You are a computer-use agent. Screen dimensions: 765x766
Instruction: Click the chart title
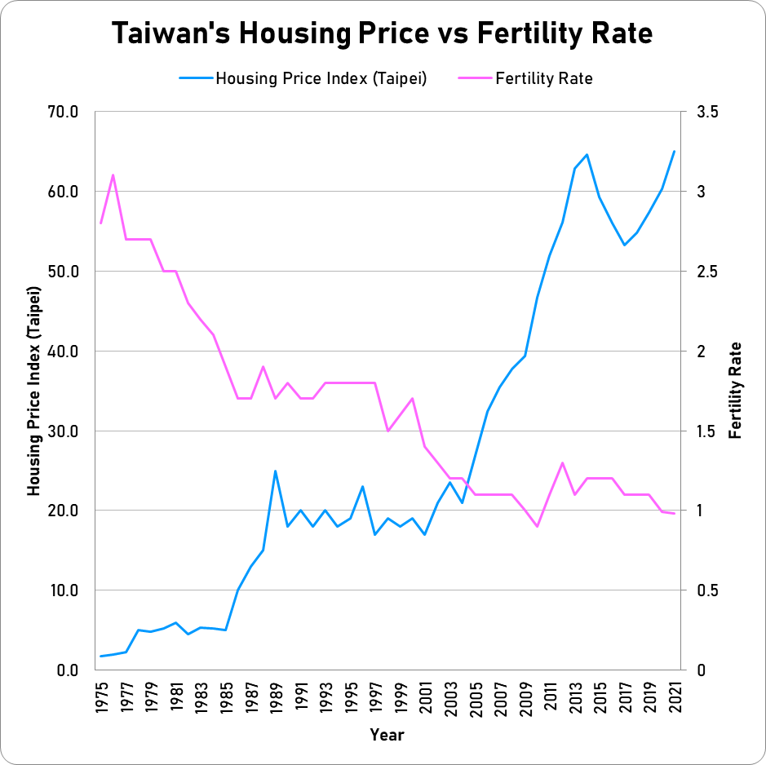click(x=383, y=33)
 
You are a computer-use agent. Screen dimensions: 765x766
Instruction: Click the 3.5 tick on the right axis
click(x=706, y=112)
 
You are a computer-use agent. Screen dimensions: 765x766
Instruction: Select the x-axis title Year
click(x=387, y=735)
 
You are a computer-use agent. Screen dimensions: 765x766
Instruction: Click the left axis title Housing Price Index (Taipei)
click(x=33, y=391)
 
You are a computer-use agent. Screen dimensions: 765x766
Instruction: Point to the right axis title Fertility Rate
click(x=736, y=391)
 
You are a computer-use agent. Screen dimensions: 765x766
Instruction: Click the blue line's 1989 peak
click(x=275, y=471)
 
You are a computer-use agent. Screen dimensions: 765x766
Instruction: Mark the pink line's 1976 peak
click(x=113, y=175)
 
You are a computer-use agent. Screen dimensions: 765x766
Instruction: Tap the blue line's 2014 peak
click(x=587, y=154)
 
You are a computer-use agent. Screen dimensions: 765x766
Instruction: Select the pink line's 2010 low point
click(x=537, y=526)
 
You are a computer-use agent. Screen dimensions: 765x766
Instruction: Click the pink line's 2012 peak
click(x=562, y=462)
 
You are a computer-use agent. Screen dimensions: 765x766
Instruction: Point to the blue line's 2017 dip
click(x=624, y=245)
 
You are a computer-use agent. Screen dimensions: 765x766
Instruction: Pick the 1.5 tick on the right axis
click(x=706, y=431)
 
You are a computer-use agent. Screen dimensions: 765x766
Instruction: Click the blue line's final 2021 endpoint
click(x=674, y=151)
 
